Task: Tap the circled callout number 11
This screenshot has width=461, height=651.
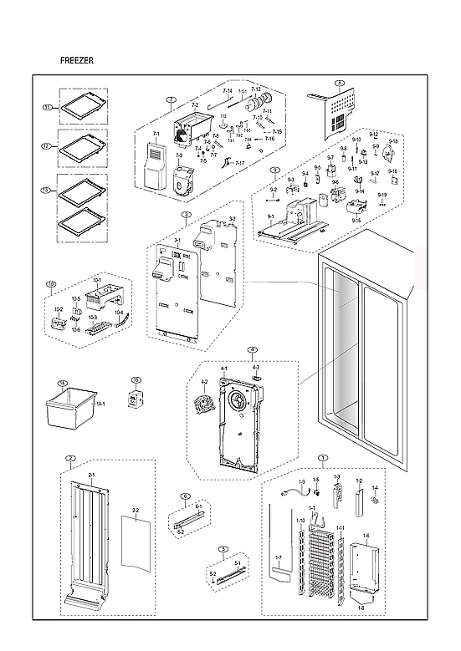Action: pyautogui.click(x=48, y=108)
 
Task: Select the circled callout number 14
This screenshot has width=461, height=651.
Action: pyautogui.click(x=61, y=384)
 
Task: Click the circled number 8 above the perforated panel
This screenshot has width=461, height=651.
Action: pyautogui.click(x=339, y=83)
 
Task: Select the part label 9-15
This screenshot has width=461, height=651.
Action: pyautogui.click(x=356, y=220)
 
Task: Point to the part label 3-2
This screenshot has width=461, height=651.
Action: pyautogui.click(x=232, y=219)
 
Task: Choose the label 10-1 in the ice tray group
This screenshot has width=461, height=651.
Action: pyautogui.click(x=96, y=280)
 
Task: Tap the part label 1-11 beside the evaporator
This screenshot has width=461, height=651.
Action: pyautogui.click(x=341, y=527)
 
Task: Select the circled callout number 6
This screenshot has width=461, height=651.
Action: pyautogui.click(x=185, y=496)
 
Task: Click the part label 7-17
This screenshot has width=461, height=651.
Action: pyautogui.click(x=240, y=163)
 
